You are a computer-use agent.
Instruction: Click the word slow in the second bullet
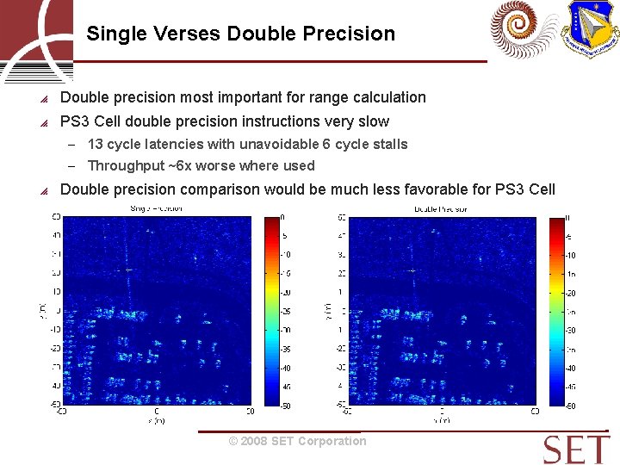click(372, 122)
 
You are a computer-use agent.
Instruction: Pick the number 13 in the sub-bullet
click(96, 145)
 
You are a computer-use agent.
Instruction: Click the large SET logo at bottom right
click(576, 449)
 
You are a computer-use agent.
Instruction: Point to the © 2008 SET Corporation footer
click(297, 442)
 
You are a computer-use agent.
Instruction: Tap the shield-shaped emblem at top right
click(590, 28)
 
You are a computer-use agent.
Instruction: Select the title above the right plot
click(440, 209)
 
